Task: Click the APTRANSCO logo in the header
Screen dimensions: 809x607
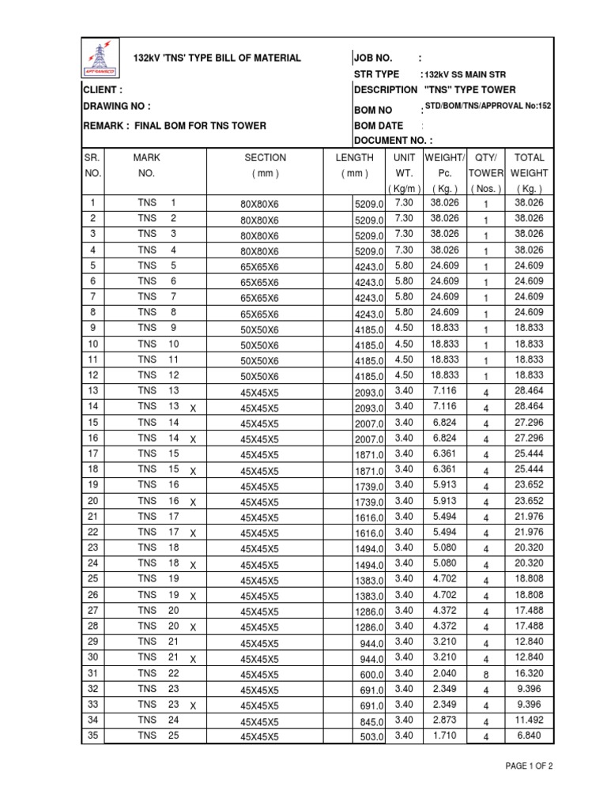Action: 100,58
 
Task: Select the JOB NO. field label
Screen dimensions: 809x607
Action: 375,58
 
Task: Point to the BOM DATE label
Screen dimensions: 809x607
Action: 379,126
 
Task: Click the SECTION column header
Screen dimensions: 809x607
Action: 265,158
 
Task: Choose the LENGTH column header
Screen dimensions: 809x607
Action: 353,158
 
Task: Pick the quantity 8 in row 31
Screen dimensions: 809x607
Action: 486,675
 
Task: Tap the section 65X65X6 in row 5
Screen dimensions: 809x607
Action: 259,267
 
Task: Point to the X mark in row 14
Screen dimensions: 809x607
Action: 193,408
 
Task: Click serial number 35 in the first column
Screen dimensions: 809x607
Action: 92,736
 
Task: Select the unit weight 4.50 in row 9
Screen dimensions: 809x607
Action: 404,328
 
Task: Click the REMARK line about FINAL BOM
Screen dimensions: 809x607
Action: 175,126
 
